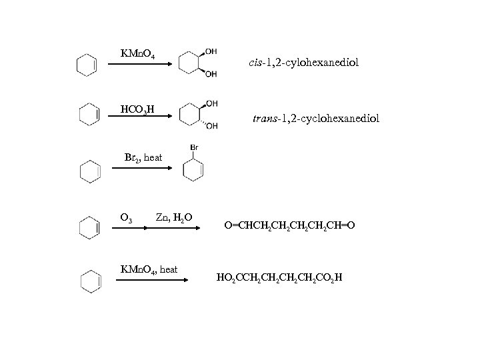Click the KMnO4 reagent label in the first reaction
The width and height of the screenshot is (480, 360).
tap(137, 53)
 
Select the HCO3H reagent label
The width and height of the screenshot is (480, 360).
tap(137, 109)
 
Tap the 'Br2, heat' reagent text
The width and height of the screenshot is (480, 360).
tap(143, 157)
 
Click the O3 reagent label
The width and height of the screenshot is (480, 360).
tap(125, 217)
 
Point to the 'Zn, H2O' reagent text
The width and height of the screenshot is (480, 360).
tap(174, 217)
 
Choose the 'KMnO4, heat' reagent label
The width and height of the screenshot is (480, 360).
tap(148, 269)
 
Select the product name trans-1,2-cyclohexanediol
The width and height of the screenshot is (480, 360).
tap(316, 118)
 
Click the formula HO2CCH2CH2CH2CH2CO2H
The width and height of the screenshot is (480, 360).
tap(281, 276)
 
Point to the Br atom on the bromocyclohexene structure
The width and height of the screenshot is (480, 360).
tap(194, 147)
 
